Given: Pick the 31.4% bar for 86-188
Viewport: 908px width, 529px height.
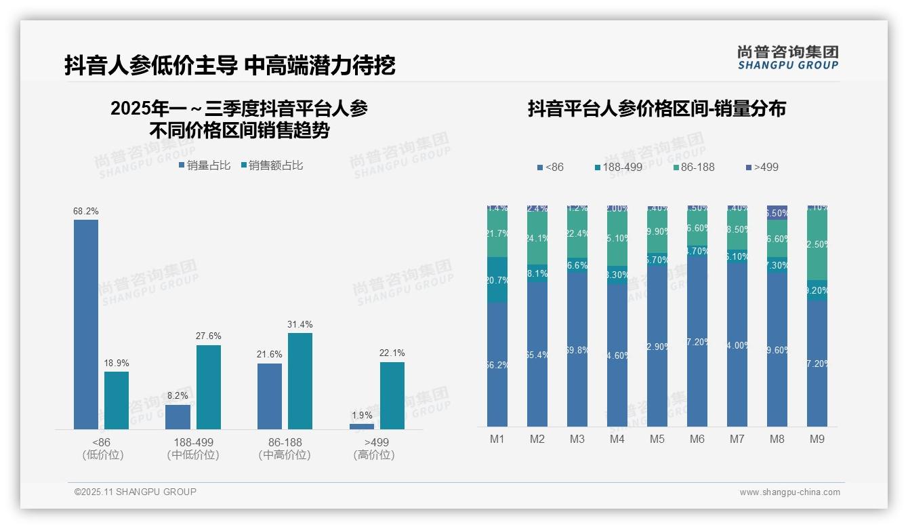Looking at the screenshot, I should click(300, 380).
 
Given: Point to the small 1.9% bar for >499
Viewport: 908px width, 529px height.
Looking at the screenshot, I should click(362, 427).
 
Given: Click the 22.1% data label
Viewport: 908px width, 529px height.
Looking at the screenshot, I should click(392, 353).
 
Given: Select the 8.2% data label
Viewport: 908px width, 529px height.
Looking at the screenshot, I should click(178, 395).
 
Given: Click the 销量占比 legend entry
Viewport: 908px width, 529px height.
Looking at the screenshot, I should click(204, 165).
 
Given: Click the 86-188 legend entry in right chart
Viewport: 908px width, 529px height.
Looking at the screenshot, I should click(694, 167).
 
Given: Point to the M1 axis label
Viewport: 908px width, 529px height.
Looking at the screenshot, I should click(497, 439).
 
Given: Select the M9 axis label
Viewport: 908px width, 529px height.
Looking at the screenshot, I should click(817, 439).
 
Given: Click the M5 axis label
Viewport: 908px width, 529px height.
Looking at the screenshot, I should click(657, 439).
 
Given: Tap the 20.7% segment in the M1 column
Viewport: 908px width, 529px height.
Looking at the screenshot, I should click(497, 279).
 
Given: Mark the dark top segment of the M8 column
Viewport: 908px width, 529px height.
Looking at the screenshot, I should click(777, 212).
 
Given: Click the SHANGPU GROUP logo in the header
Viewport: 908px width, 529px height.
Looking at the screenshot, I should click(787, 58).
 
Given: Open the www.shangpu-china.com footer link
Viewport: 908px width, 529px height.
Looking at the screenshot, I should click(789, 492).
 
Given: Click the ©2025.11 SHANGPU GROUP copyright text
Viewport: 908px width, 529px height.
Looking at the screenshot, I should click(136, 492).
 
